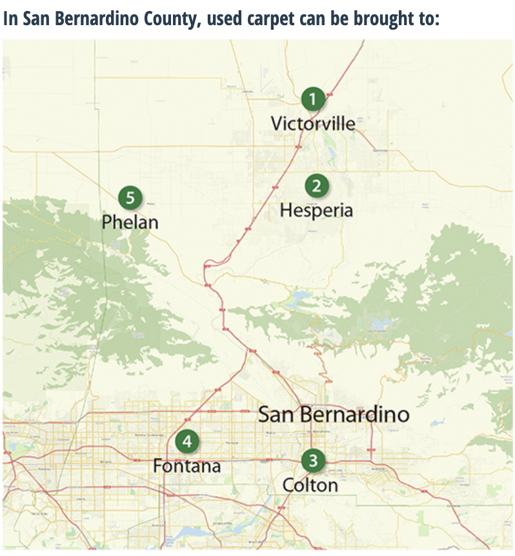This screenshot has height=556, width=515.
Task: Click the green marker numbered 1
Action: tap(313, 99)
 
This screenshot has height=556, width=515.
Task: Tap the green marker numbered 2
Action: tap(316, 186)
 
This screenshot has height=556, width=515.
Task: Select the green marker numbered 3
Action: tap(313, 461)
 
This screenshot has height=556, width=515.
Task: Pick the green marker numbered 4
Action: tap(187, 441)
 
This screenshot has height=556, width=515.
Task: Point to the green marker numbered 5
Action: tap(130, 197)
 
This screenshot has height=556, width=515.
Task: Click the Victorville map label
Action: tap(313, 123)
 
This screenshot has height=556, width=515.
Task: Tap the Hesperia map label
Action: tap(316, 210)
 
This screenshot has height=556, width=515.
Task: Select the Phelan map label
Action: tap(130, 223)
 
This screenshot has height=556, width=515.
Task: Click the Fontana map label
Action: tap(187, 465)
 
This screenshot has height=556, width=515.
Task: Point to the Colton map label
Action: tap(310, 485)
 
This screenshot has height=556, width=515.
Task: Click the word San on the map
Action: tap(278, 414)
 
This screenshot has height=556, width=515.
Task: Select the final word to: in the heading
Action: tap(429, 18)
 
